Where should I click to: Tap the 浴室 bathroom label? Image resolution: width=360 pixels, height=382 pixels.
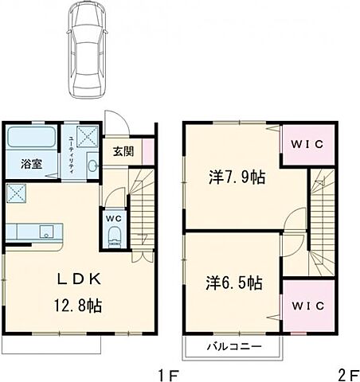coord(31,164)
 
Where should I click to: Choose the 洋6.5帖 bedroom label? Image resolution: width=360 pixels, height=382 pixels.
coord(234,282)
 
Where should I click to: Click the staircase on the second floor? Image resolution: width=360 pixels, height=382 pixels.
coord(319,215)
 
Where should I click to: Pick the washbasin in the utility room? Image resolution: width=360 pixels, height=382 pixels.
coord(92,166)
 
